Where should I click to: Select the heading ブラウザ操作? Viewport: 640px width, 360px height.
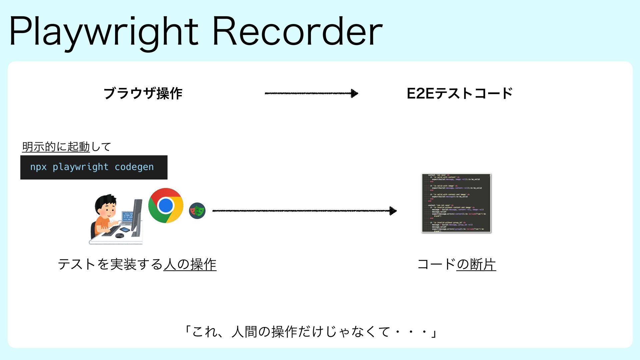(x=143, y=93)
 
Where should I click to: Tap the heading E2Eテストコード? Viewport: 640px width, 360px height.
(x=460, y=93)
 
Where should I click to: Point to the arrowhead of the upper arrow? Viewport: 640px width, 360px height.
(x=354, y=93)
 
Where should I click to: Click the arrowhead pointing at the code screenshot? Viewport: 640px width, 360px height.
(x=393, y=211)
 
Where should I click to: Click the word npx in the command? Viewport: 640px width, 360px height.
(x=38, y=167)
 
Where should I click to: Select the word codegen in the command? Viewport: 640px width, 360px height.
(x=134, y=167)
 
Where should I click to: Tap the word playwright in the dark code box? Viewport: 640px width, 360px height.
(x=80, y=167)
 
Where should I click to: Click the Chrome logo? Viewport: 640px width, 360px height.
(x=166, y=205)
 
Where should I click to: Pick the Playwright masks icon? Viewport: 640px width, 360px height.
(x=197, y=211)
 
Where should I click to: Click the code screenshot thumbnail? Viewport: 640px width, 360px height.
(x=456, y=203)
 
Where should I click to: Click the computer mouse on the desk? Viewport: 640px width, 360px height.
(x=119, y=236)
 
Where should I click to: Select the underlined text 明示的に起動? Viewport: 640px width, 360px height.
(x=56, y=147)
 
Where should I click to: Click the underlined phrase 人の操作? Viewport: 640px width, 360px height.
(x=190, y=265)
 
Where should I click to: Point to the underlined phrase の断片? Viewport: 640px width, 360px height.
(x=476, y=265)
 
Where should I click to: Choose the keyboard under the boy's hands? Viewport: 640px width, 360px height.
(x=111, y=231)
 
